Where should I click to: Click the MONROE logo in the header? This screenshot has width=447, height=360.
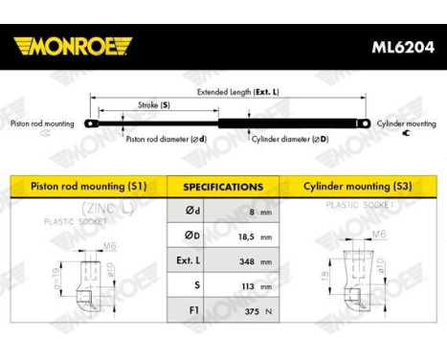pos(73,45)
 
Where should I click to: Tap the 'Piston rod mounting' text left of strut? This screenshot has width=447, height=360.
pos(40,123)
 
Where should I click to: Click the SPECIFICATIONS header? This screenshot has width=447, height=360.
pos(223,187)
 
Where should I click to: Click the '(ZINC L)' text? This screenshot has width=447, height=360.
pos(82,208)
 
